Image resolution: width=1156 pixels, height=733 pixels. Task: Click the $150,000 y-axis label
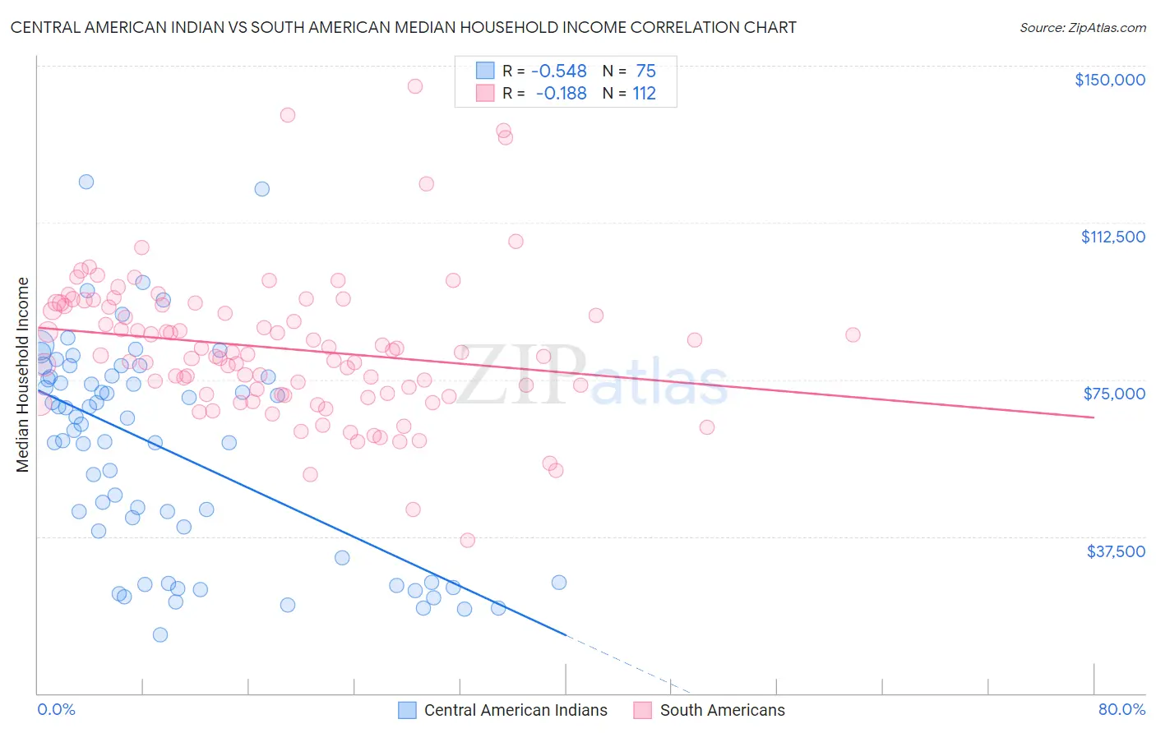[1109, 80]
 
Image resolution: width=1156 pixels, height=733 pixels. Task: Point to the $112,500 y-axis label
[1112, 237]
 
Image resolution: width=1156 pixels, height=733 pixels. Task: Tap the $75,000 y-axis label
[1114, 394]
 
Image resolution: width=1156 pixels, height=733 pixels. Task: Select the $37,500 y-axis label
[1116, 551]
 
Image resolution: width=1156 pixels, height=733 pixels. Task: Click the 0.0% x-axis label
[56, 709]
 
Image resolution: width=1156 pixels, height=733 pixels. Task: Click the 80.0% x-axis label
[1121, 709]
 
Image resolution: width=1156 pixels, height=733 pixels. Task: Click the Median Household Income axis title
[23, 375]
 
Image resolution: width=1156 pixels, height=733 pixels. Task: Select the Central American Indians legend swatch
[407, 710]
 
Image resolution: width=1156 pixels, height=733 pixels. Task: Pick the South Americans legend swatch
[643, 710]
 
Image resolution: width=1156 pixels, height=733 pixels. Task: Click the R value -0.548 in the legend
[559, 71]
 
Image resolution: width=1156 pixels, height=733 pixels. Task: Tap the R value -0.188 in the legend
[561, 94]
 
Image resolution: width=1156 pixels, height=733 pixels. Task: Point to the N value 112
[644, 94]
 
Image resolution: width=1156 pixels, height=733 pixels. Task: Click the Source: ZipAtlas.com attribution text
[1082, 28]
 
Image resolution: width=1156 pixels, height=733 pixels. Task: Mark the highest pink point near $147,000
[415, 86]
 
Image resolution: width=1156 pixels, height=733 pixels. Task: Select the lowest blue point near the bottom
[160, 634]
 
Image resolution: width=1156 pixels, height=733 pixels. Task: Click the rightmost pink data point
[853, 334]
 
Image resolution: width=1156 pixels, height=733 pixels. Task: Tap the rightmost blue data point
[559, 582]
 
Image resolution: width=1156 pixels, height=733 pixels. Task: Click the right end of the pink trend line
[1093, 417]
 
